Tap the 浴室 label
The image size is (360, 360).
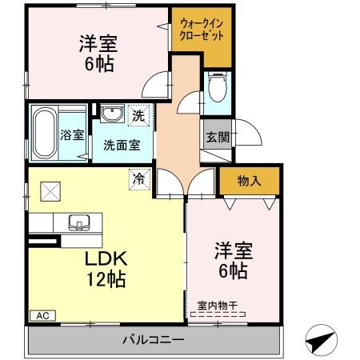[x=72, y=135]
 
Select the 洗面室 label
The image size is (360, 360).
[x=122, y=145]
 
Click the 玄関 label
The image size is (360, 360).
[x=214, y=135]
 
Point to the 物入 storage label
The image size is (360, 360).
[x=249, y=182]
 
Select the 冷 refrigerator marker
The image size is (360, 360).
[x=138, y=179]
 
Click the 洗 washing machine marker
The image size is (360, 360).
[x=138, y=114]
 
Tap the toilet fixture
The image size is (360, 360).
[x=216, y=88]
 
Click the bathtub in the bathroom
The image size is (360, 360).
[x=43, y=133]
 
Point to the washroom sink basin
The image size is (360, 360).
[x=111, y=113]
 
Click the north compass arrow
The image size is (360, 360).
[x=321, y=339]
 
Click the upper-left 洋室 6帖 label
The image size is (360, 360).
[x=95, y=52]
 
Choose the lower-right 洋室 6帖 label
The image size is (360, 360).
[x=232, y=260]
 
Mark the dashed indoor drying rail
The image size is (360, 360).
[x=217, y=315]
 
